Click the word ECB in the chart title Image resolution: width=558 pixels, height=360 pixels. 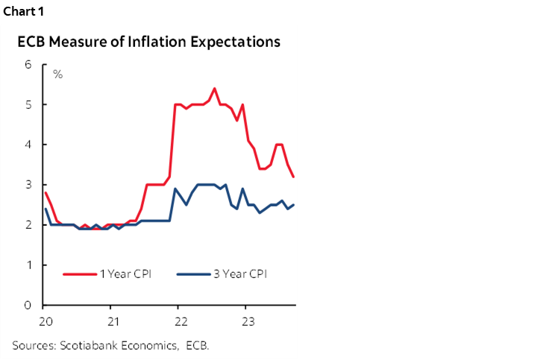point(31,42)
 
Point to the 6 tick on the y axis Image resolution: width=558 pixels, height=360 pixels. point(28,64)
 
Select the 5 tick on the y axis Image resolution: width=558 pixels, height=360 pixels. point(28,104)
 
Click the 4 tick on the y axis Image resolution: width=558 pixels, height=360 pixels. point(28,145)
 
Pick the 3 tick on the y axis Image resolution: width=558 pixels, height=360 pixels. point(28,185)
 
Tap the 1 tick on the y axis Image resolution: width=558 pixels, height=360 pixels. point(28,265)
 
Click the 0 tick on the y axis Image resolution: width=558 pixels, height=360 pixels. point(28,306)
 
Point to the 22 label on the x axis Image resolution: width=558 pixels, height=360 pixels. point(180,321)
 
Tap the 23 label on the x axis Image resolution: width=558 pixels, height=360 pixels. point(248,321)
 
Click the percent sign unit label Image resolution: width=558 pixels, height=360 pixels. point(57,75)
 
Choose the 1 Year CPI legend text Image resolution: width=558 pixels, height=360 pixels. point(125,274)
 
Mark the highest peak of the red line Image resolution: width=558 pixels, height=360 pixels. point(214,89)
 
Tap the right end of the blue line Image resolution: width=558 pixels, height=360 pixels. point(293,205)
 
